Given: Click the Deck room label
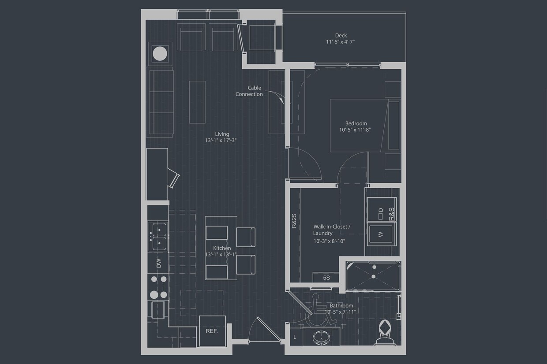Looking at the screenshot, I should click(x=341, y=36).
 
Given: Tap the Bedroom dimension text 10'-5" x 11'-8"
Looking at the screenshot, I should click(x=356, y=130).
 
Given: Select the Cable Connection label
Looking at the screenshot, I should click(x=249, y=91).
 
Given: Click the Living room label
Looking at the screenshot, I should click(x=222, y=134).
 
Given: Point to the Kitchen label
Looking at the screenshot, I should click(x=221, y=248).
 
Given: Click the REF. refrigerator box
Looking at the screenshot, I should click(x=212, y=331).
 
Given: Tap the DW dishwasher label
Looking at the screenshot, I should click(x=158, y=263).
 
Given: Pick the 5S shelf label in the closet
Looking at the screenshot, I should click(x=326, y=278).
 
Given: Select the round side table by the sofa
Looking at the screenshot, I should click(x=160, y=54).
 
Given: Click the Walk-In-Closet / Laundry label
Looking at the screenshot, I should click(x=331, y=230).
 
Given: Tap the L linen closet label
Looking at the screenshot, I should click(x=295, y=337).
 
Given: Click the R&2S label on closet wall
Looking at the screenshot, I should click(x=294, y=220).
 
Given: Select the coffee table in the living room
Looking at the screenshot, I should click(x=197, y=102).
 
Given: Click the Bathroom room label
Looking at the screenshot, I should click(x=341, y=305).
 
